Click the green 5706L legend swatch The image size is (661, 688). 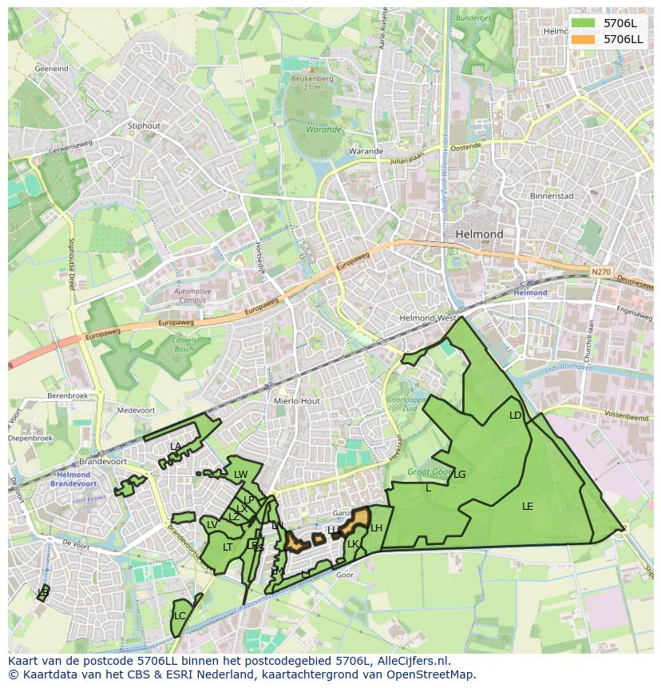pos(584,23)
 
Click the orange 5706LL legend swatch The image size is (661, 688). pos(584,38)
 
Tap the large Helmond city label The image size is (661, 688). pos(479,234)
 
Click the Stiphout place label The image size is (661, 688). pos(144,125)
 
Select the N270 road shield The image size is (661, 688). pos(601,272)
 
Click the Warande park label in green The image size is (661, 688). pos(323,129)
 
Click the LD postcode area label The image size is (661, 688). pos(515,416)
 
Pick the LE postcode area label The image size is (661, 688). pos(527,507)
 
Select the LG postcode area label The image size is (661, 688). pos(459,474)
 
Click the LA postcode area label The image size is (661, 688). pos(176,446)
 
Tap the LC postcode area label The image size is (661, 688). pos(180,615)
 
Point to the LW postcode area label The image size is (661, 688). pos(240,475)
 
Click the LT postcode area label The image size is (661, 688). pos(228,547)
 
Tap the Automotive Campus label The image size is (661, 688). pos(192,296)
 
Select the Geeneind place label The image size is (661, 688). pos(51,70)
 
